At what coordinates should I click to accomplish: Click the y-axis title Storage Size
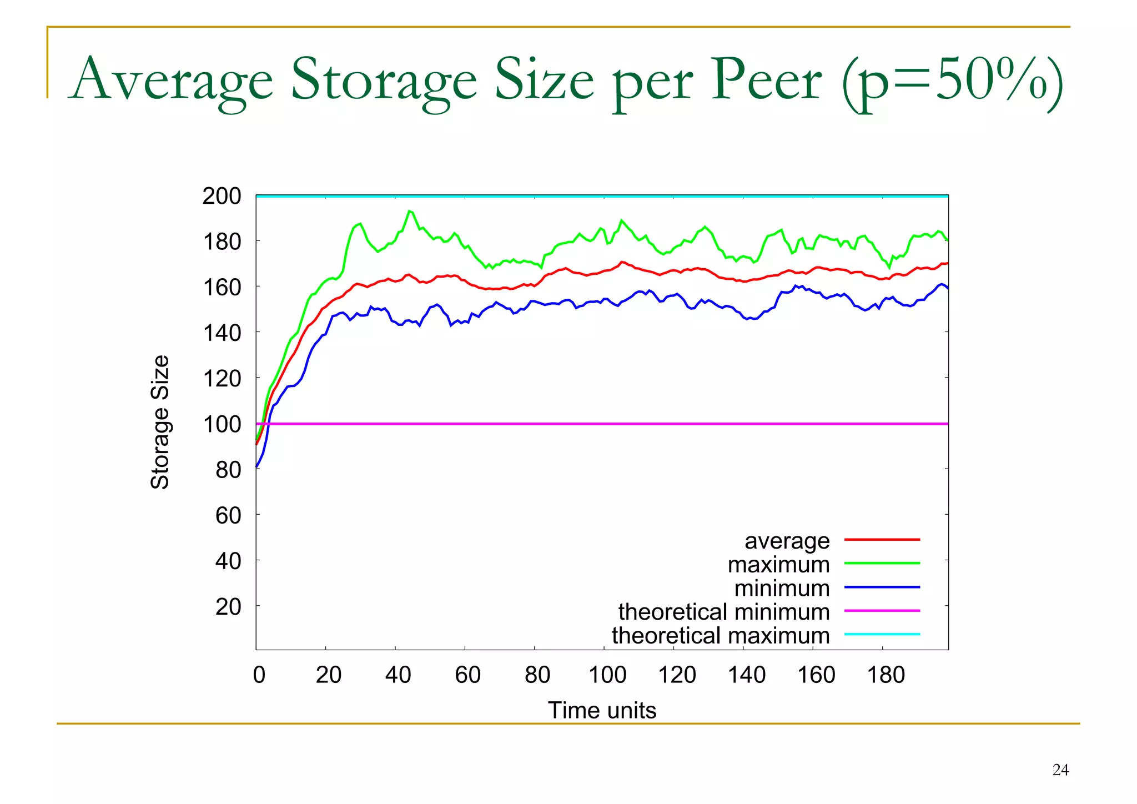pos(160,422)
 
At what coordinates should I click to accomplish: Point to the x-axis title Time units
pos(602,710)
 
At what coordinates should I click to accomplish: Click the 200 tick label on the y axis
pos(222,197)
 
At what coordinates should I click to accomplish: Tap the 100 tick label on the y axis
pos(222,424)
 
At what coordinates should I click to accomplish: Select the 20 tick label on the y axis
pos(228,607)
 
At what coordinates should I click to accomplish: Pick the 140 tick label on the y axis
pos(222,333)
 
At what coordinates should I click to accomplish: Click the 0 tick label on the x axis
pos(259,675)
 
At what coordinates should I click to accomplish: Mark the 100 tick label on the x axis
pos(607,675)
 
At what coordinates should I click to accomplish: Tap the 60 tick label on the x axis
pos(467,675)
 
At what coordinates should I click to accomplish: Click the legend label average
pos(787,540)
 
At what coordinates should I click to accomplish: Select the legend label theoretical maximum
pos(720,635)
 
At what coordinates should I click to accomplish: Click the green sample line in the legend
pos(882,563)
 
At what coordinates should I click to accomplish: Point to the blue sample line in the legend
pos(882,587)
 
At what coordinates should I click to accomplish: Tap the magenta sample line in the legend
pos(882,611)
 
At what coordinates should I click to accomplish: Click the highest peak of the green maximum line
pos(409,211)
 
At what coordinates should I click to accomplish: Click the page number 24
pos(1060,770)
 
